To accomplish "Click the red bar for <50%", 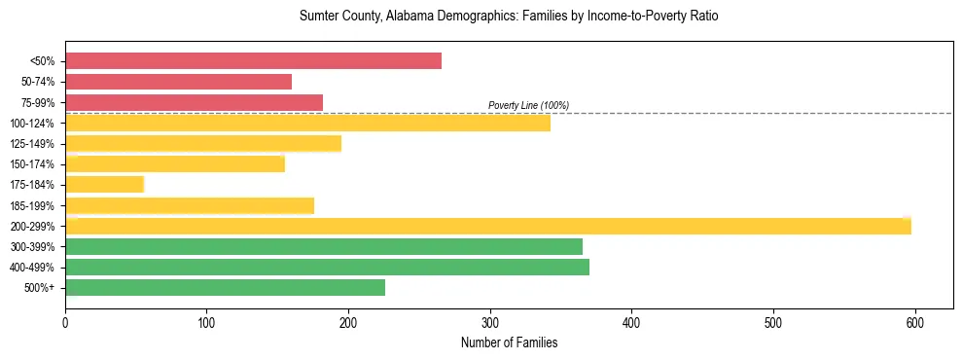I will coord(253,61).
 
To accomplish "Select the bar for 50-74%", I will coord(178,82).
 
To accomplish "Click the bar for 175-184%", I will coord(104,185).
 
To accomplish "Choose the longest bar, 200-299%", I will coord(487,226).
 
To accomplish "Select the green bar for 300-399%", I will coord(323,246).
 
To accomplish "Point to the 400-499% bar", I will coord(327,267).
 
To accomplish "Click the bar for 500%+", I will coord(225,287).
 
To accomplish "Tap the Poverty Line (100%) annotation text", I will coord(528,105).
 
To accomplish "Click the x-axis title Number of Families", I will coord(509,342).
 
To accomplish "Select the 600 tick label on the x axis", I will coord(915,322).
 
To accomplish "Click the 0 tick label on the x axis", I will coord(65,322).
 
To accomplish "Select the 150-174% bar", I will coord(175,163).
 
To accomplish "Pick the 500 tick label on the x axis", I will coord(773,322).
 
